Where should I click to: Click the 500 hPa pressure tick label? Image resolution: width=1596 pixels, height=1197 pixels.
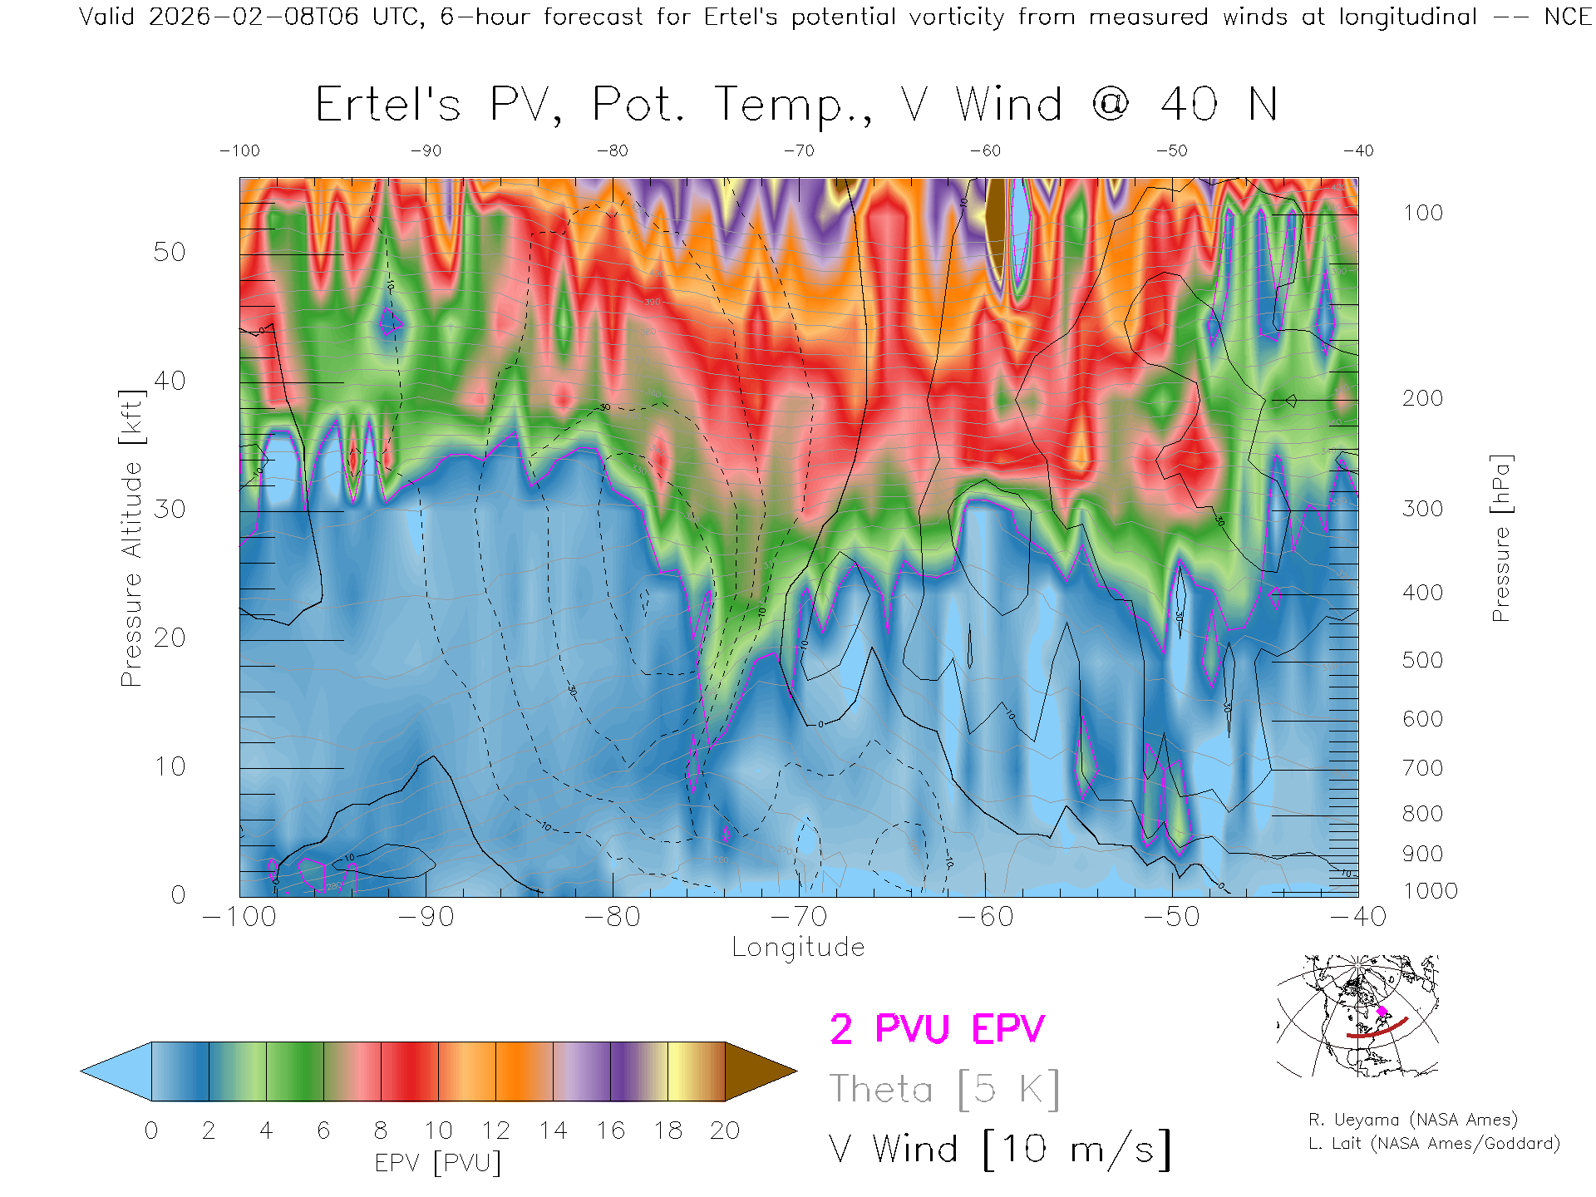[1422, 660]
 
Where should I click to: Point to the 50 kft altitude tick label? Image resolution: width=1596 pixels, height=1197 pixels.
[170, 252]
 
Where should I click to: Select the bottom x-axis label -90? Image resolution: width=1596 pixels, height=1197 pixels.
[426, 917]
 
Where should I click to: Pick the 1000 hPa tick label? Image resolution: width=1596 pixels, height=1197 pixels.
[1430, 891]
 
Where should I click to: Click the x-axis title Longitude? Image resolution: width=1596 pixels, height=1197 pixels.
[798, 948]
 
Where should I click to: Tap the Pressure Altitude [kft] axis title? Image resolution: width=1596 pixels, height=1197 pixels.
[131, 538]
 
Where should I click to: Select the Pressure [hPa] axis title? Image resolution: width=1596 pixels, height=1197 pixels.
[1501, 538]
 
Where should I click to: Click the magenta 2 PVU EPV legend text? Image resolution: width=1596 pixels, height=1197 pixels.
[937, 1029]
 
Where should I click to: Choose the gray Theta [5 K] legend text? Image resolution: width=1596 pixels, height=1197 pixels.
[944, 1089]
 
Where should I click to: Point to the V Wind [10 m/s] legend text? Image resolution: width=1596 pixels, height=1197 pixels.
[1000, 1150]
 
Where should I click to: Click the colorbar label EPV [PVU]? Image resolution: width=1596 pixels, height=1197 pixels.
[438, 1163]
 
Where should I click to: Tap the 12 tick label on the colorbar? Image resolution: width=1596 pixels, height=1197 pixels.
[495, 1130]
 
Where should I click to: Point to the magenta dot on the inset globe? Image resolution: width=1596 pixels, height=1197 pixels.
[1382, 1012]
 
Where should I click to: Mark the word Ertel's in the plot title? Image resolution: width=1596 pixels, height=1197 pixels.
[387, 106]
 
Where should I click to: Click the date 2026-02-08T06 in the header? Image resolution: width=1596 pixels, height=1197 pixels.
[254, 17]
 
